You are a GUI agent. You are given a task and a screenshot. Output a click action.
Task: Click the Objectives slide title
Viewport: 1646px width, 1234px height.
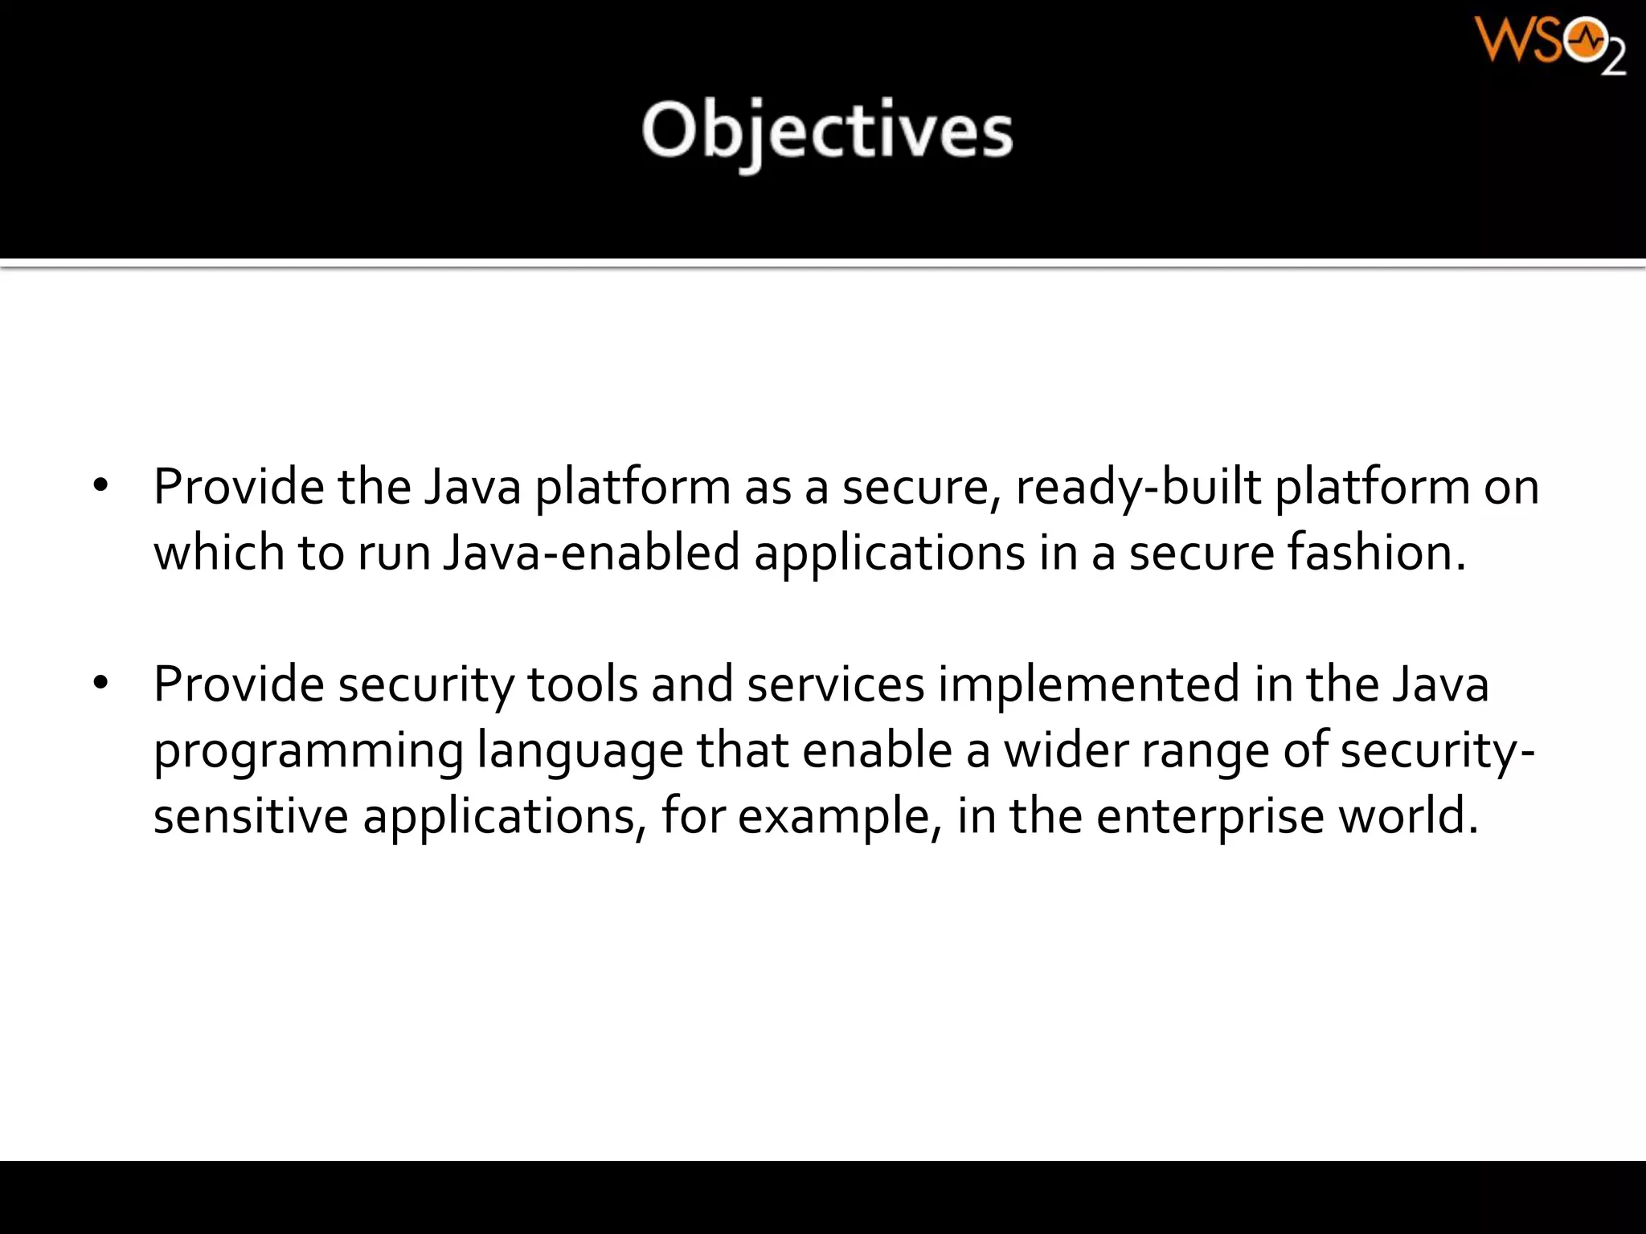(827, 131)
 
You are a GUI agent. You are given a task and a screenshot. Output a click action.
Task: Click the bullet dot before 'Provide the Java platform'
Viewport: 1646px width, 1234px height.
(100, 486)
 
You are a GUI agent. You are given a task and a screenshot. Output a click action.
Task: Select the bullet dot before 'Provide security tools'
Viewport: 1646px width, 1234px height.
(100, 684)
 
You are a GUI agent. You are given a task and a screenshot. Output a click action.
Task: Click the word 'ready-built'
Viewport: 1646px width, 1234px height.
(1138, 488)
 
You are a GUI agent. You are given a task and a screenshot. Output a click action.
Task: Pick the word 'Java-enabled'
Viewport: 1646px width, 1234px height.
(591, 553)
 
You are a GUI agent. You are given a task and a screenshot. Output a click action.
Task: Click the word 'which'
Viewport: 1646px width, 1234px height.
(219, 553)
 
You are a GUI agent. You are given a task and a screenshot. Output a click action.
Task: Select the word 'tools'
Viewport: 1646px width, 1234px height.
(582, 684)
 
